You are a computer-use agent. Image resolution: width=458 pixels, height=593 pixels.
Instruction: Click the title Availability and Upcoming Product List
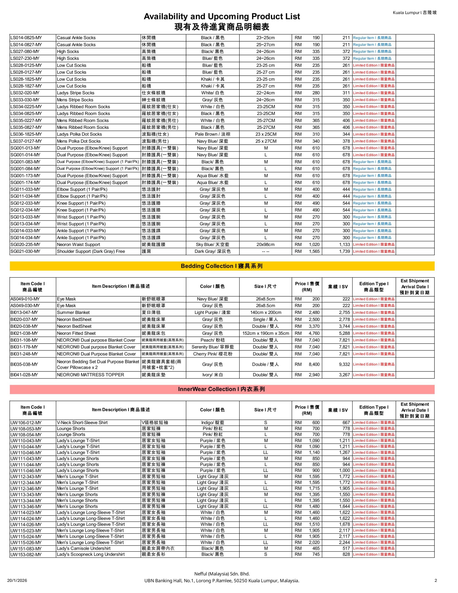coord(222,17)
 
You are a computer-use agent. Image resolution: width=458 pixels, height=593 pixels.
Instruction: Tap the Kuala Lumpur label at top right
coord(414,13)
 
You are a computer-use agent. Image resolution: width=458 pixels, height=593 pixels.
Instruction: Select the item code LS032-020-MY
coord(25,93)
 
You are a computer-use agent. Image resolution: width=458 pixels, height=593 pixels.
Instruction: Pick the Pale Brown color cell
coord(212,134)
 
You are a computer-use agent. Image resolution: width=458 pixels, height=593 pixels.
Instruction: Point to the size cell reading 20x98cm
coord(265,244)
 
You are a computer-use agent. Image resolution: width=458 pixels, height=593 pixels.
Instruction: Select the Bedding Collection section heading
coord(222,266)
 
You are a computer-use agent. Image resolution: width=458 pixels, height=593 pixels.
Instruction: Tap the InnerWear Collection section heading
coord(222,389)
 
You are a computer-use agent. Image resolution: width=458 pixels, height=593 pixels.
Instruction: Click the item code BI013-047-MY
coord(24,312)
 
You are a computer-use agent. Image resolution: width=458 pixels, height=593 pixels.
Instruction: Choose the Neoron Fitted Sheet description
coord(76,333)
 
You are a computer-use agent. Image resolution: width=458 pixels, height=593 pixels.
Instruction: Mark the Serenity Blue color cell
coord(212,347)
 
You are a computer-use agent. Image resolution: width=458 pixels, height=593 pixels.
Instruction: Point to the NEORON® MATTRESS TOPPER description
coord(90,375)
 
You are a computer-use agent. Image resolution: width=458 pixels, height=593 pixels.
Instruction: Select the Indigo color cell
coord(212,423)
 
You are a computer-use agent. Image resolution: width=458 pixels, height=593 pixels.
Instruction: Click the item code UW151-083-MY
coord(26,549)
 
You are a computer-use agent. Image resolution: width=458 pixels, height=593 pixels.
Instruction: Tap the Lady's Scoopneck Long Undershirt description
coord(91,555)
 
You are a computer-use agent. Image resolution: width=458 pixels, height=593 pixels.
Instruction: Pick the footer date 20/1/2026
coord(17,580)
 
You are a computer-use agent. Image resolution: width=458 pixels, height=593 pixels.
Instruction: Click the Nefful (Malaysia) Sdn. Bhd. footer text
coord(222,574)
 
